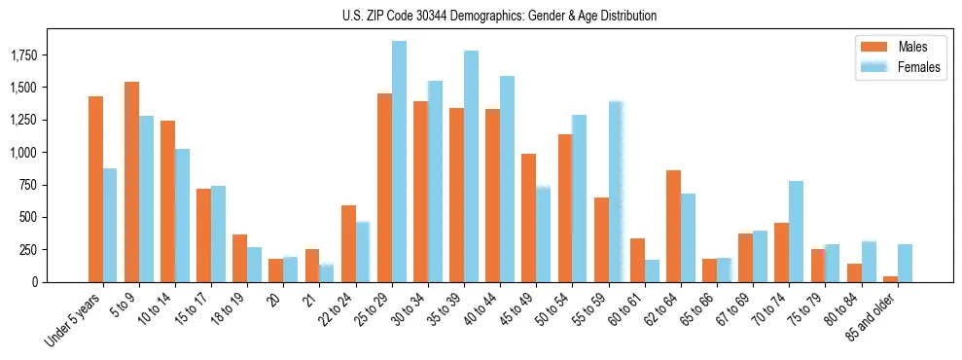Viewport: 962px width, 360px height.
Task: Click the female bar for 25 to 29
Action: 399,162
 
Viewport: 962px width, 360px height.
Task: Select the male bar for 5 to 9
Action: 132,182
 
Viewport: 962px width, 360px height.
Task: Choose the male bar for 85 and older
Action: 890,279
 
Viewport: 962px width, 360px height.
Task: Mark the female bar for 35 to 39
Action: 471,166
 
